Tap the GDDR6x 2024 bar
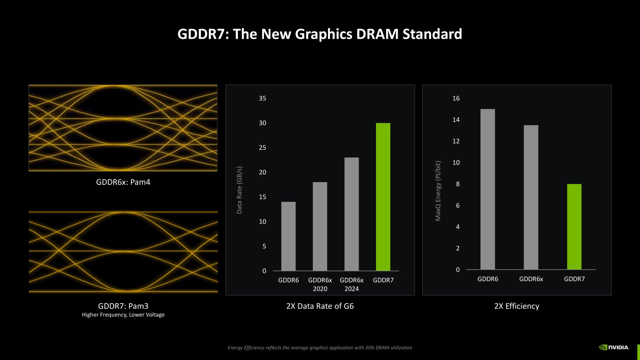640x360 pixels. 352,214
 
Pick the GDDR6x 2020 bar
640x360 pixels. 320,226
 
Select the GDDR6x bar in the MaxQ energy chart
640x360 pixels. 531,197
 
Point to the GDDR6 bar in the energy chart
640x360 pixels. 488,189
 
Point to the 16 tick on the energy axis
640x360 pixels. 456,98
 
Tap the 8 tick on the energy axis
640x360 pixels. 458,184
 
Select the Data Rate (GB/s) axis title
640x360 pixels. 240,190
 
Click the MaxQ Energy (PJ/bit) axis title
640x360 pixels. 438,190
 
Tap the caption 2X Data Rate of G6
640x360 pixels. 320,306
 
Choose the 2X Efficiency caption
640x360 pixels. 516,306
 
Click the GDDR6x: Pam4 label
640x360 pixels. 123,182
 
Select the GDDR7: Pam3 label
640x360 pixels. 123,306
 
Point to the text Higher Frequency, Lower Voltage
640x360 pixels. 123,315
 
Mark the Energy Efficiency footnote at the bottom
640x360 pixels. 320,348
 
